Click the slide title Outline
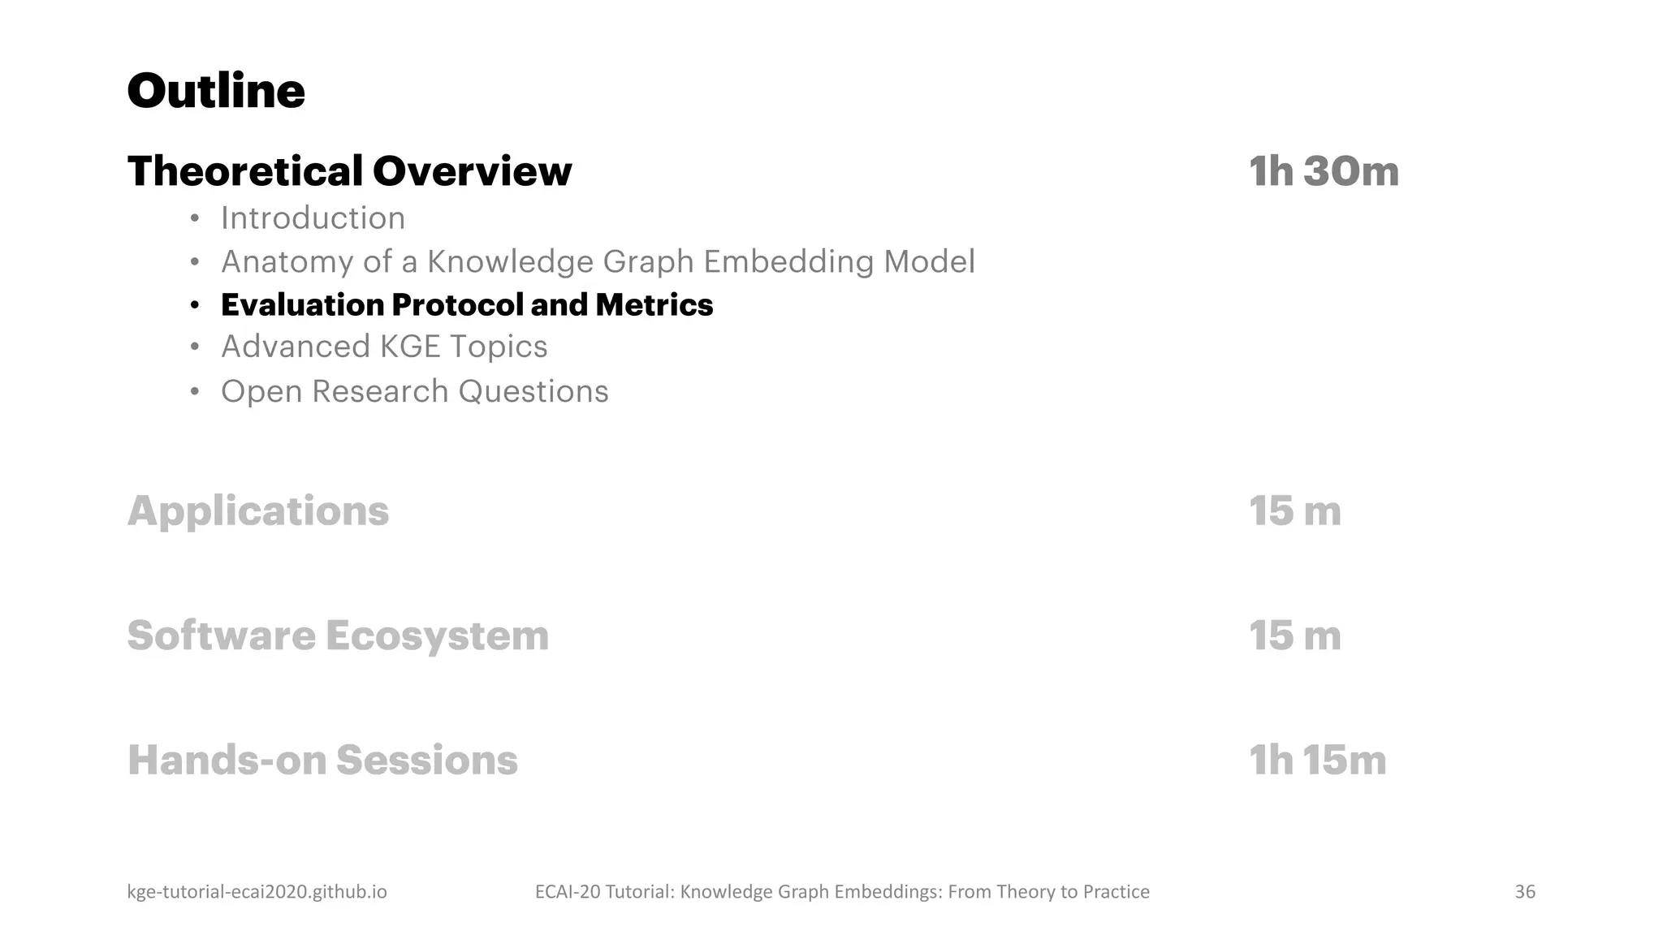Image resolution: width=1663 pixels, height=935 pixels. point(216,90)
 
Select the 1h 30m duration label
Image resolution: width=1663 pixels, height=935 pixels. point(1324,171)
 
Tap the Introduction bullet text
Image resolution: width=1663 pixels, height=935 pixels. point(313,218)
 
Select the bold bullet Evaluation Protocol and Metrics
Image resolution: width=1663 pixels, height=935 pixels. point(466,305)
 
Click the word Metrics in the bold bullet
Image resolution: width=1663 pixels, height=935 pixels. point(654,305)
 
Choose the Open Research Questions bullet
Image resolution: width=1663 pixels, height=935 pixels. point(414,391)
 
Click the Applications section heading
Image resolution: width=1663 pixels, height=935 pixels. point(258,511)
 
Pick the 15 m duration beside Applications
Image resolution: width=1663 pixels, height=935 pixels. point(1294,511)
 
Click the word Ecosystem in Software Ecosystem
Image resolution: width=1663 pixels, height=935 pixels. point(437,636)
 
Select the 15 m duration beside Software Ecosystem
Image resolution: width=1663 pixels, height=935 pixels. point(1294,636)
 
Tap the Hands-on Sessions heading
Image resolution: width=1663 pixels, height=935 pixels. point(322,760)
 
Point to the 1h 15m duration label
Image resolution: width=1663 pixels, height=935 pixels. point(1317,760)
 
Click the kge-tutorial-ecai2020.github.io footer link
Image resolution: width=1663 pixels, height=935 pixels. point(257,892)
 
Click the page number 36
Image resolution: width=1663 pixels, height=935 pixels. point(1524,892)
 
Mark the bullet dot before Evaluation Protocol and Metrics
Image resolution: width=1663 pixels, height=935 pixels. point(194,306)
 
